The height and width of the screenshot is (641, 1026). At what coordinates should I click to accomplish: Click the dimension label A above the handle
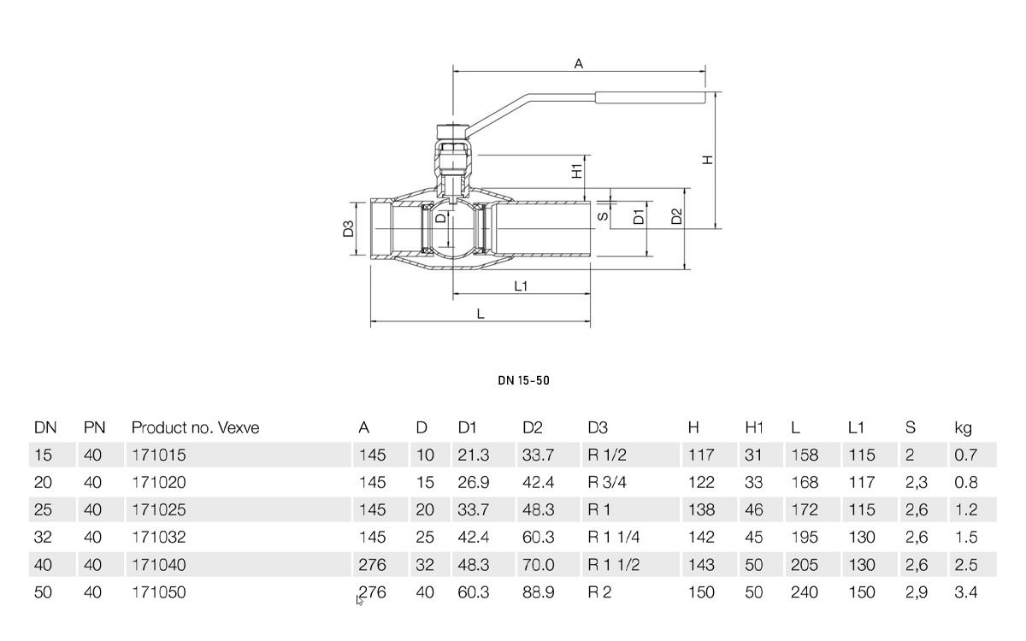579,64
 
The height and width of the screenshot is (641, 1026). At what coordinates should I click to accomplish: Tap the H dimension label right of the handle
707,160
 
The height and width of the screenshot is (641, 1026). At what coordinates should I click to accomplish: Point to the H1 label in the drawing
577,170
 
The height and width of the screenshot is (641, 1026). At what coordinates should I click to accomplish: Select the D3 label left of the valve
349,229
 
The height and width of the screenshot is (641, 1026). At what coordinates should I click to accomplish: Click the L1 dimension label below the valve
521,286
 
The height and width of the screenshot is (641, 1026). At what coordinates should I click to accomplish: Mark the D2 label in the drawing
676,217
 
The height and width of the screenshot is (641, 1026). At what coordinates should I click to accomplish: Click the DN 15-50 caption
523,380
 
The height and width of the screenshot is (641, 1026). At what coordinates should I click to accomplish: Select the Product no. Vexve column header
195,427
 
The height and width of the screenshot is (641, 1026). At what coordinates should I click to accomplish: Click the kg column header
964,427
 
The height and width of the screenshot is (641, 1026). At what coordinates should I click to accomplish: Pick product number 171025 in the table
158,510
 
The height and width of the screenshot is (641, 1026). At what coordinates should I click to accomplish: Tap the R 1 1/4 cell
614,538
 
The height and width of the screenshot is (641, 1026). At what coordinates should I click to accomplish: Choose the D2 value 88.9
539,592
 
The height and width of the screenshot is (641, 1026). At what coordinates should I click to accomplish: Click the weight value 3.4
965,592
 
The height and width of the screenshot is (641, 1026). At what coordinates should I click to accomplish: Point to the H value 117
701,456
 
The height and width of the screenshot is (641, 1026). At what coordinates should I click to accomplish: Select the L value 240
805,592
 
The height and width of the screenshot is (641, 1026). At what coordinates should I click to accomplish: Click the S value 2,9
916,592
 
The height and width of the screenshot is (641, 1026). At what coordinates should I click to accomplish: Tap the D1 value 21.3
474,456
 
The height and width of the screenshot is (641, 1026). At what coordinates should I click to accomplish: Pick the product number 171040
158,565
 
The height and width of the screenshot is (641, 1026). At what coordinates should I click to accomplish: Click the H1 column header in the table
754,427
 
